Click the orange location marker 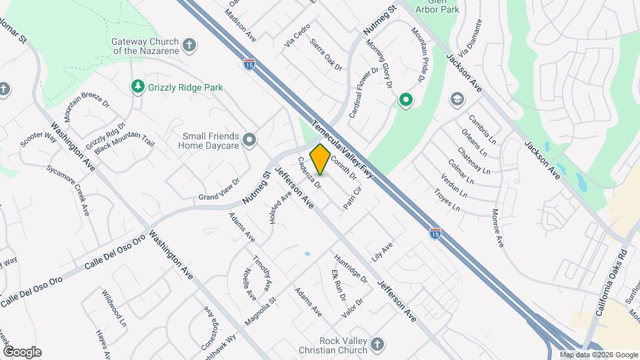tap(320, 159)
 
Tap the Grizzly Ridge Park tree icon tap(137, 87)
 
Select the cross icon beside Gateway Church tap(189, 45)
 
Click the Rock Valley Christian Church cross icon tap(377, 344)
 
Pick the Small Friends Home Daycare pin tap(249, 139)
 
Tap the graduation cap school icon tap(457, 100)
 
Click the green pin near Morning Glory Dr tap(405, 101)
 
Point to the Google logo tap(22, 352)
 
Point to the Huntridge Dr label tap(351, 269)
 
